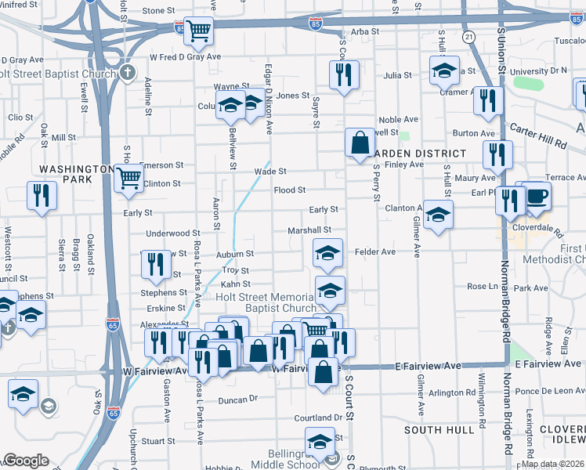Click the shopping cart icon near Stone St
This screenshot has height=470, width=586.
point(200,31)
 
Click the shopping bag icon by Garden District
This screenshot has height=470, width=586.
point(359,143)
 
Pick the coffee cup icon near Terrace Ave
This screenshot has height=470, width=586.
point(537,195)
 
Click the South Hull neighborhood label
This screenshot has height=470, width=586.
point(439,430)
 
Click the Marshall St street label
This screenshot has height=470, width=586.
point(309,230)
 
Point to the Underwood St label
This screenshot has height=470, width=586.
point(173,233)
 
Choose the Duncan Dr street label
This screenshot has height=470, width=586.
point(238,399)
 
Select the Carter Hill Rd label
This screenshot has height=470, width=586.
point(537,135)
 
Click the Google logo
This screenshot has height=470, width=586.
point(26,461)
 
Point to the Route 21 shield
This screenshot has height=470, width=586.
point(469,37)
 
